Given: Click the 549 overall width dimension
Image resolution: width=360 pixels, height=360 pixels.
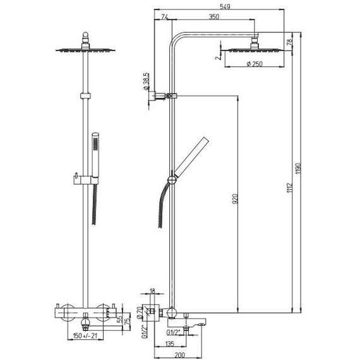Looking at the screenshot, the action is (x=225, y=7).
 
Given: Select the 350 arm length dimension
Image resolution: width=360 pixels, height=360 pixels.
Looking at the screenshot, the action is (x=214, y=17).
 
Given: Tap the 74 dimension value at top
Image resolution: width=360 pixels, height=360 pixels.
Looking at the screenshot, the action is (x=165, y=17).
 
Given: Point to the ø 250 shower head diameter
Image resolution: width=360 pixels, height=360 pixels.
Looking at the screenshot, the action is (x=255, y=64).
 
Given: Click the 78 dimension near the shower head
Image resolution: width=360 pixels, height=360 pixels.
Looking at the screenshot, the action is (x=290, y=42).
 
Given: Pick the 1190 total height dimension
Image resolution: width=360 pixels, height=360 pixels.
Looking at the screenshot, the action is (x=298, y=169).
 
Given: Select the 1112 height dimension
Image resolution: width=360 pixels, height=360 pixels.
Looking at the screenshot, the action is (x=290, y=188).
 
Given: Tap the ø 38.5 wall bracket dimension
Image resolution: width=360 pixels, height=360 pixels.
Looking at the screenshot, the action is (x=146, y=81).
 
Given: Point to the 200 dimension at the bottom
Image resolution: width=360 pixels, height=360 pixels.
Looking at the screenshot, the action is (x=179, y=355).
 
